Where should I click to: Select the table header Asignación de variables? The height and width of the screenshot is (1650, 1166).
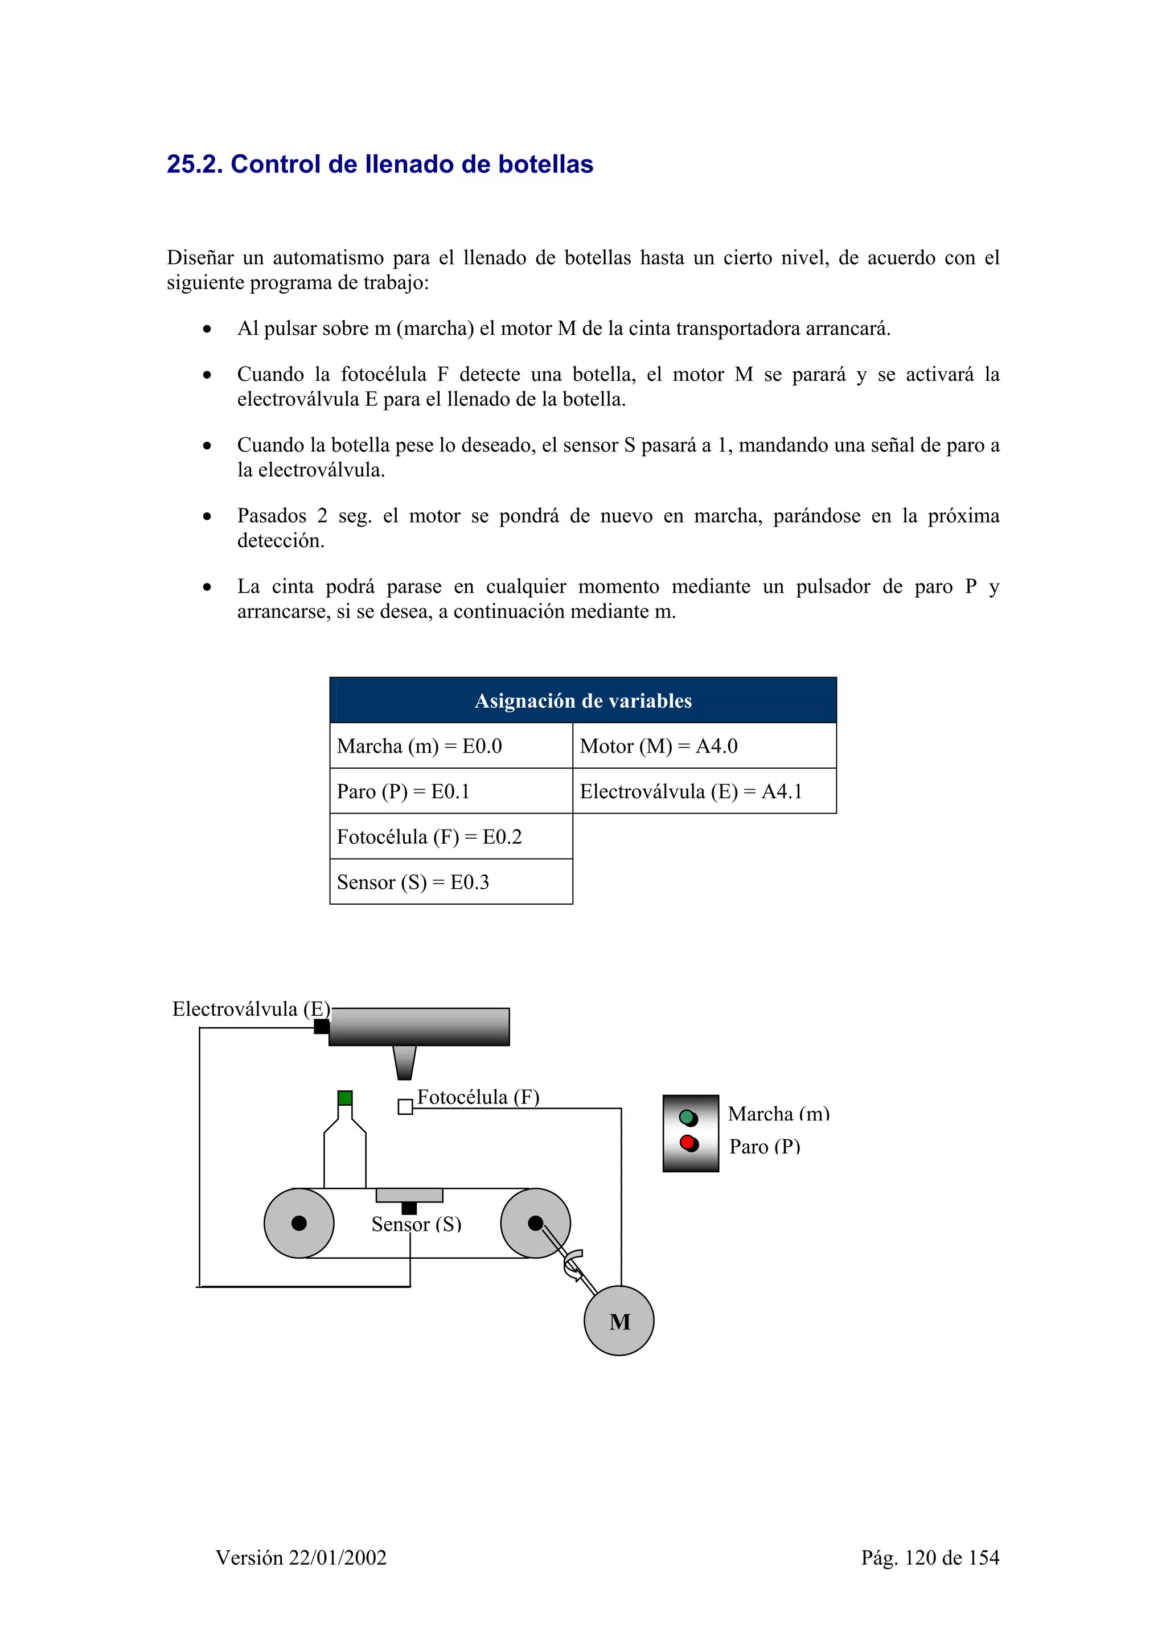(582, 701)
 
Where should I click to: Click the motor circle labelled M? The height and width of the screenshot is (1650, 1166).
(618, 1321)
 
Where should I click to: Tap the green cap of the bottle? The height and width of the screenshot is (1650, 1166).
(345, 1097)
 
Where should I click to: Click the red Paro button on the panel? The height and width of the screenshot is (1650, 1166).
(688, 1142)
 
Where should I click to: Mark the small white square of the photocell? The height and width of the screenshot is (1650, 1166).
(405, 1107)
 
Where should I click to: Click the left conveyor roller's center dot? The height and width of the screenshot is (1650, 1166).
(299, 1223)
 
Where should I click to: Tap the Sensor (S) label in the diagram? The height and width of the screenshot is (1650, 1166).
(416, 1225)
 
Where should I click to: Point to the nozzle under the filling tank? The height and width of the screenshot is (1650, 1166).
(404, 1062)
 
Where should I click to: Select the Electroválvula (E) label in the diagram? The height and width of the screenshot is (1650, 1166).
(251, 1009)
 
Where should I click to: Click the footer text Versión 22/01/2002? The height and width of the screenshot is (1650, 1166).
(301, 1557)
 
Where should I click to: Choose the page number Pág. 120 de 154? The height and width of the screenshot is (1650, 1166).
(930, 1557)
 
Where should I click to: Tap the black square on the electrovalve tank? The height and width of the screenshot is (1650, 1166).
(321, 1026)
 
